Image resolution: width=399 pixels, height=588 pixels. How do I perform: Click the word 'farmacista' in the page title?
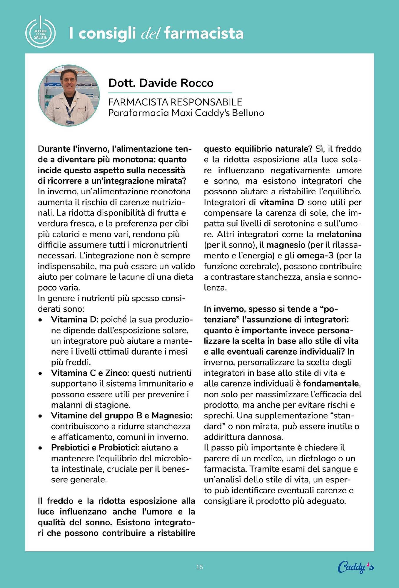(204, 33)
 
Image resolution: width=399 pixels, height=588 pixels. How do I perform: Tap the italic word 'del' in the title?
(150, 34)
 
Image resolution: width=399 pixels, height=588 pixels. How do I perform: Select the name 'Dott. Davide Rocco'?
(161, 83)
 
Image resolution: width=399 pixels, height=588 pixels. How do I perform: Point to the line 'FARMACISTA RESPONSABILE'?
(175, 102)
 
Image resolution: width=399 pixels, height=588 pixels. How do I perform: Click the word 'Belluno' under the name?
(248, 113)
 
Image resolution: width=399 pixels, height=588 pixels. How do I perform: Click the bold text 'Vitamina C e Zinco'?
(90, 373)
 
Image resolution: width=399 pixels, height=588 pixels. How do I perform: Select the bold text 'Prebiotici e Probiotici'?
(94, 447)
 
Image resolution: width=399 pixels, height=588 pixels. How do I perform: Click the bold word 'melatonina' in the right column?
(339, 234)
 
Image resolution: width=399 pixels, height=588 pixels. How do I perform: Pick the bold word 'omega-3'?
(315, 255)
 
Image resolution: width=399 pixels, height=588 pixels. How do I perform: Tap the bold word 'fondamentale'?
(331, 383)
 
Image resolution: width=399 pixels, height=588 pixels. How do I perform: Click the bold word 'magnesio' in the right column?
(286, 245)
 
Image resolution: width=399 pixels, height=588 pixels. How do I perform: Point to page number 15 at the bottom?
(200, 567)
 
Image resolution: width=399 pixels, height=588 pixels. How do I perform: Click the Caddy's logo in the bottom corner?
(355, 567)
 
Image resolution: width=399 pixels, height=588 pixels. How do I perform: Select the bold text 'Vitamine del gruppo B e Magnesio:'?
(122, 415)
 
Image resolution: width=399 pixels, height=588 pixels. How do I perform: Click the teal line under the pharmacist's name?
(170, 93)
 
